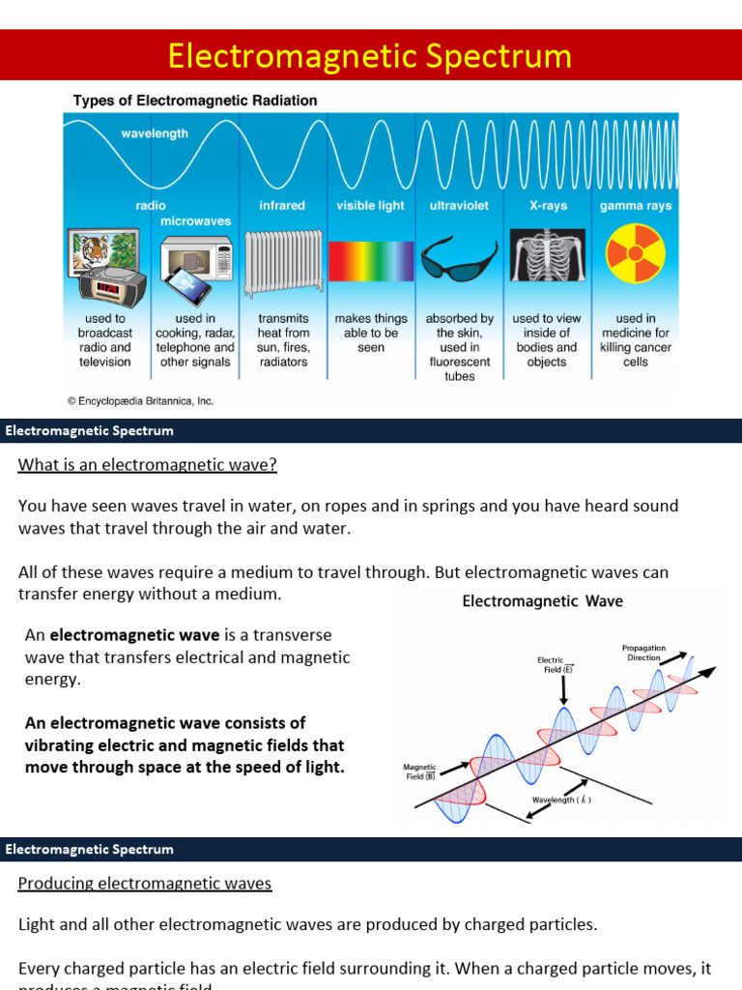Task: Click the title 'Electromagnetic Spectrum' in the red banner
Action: pyautogui.click(x=370, y=56)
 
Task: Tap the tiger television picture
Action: pyautogui.click(x=100, y=249)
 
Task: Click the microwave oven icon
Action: pyautogui.click(x=196, y=256)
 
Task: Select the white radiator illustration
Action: pyautogui.click(x=283, y=261)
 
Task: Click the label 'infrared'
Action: pyautogui.click(x=282, y=206)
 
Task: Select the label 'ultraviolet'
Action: pyautogui.click(x=459, y=206)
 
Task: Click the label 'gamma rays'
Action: pyautogui.click(x=635, y=206)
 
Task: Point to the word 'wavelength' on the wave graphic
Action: pyautogui.click(x=155, y=134)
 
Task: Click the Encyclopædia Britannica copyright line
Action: pyautogui.click(x=140, y=400)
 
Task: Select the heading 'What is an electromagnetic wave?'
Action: pyautogui.click(x=148, y=465)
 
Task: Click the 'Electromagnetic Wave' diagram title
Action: pyautogui.click(x=542, y=601)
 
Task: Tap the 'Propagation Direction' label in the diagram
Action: pyautogui.click(x=643, y=653)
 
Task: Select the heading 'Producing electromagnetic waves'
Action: pyautogui.click(x=145, y=884)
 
